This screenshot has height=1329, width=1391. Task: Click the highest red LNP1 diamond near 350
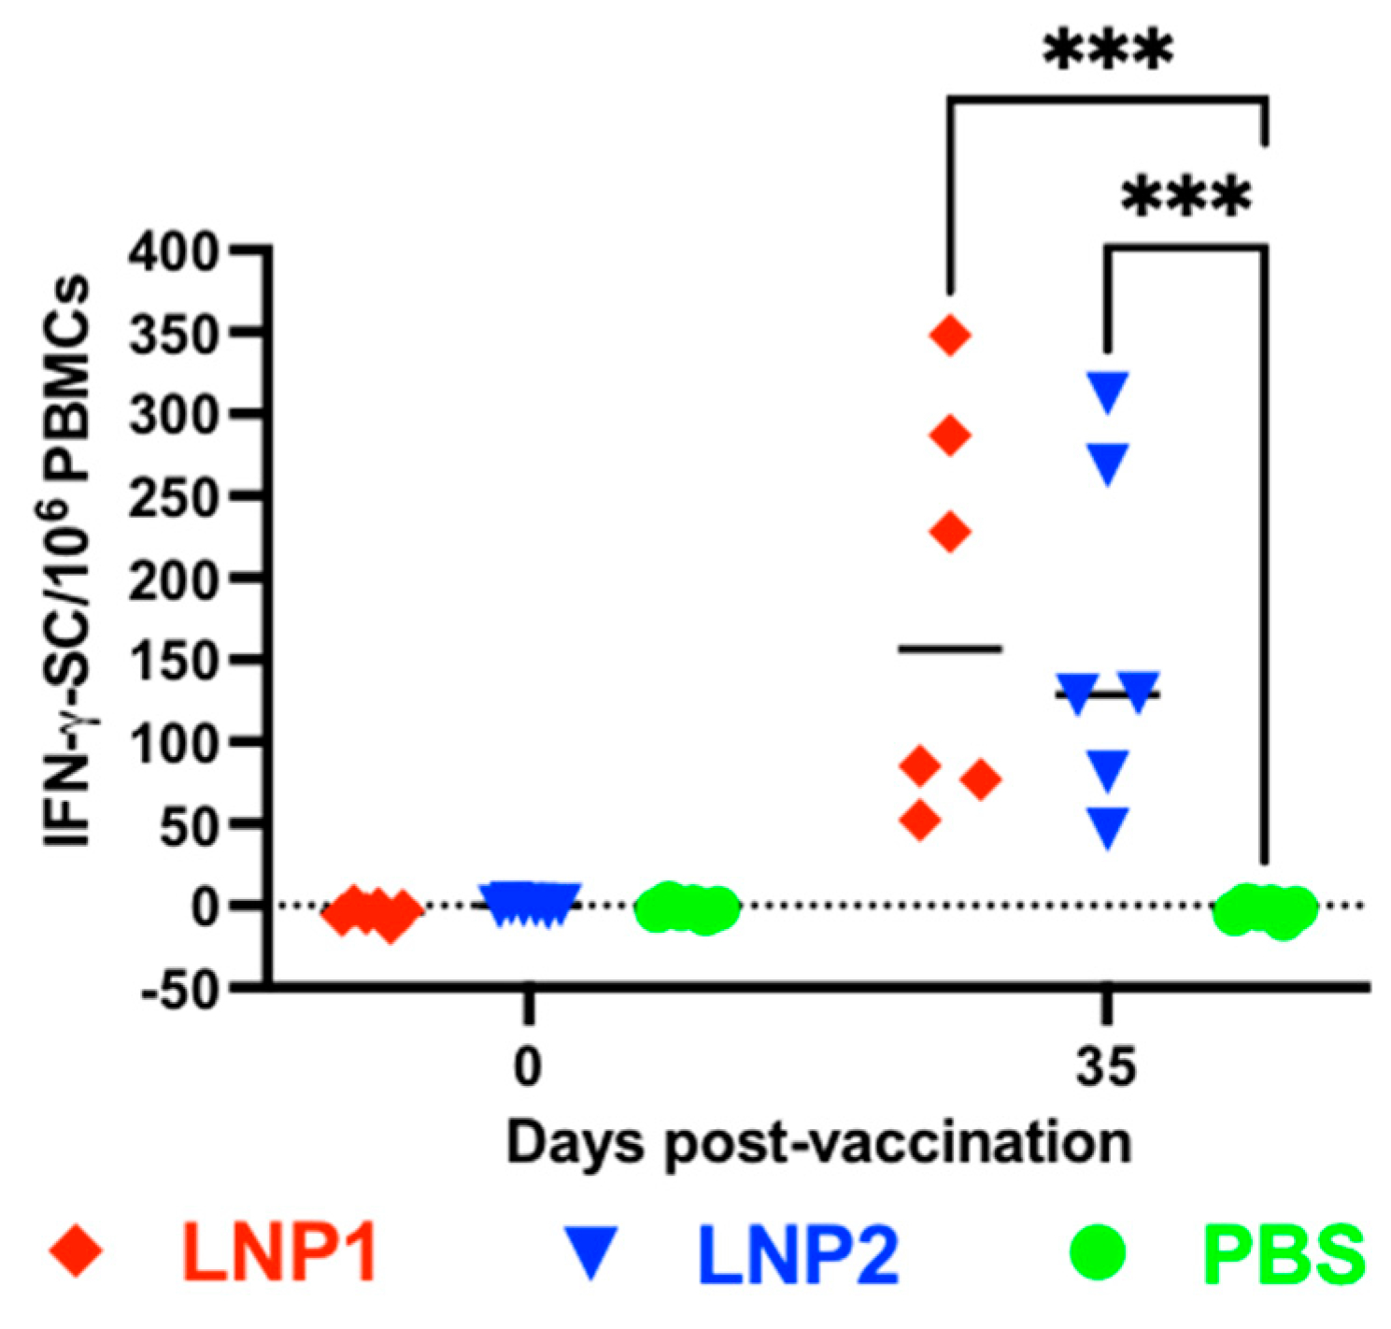951,336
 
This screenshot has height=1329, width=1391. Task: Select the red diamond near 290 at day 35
951,436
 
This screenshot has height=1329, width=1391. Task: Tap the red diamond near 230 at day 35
951,533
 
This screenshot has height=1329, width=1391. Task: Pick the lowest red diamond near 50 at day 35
920,822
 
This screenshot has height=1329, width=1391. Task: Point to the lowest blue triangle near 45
1108,826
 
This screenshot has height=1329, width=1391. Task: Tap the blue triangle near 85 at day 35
1108,768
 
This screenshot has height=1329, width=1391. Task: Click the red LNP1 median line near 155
950,648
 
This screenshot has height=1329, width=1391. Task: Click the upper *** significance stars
1107,51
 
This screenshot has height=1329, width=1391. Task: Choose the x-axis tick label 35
1106,1066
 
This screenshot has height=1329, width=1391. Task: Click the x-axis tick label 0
528,1066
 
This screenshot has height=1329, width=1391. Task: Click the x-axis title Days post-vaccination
818,1142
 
